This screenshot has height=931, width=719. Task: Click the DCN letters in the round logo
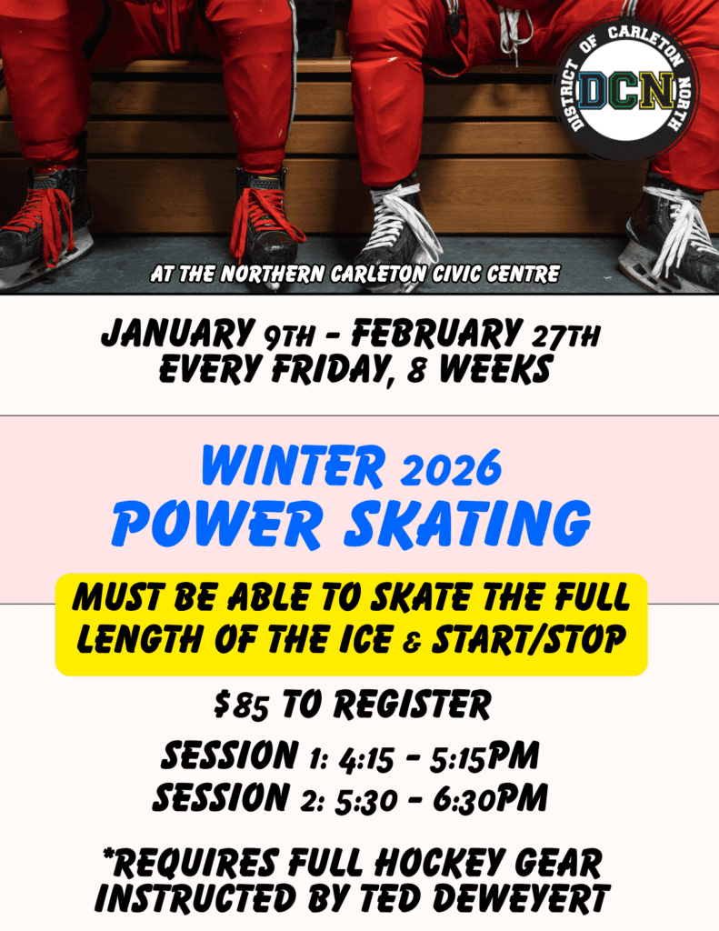point(627,92)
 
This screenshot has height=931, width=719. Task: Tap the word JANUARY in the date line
point(176,334)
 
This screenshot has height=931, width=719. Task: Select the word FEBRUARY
point(435,333)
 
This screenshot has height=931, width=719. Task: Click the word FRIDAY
point(333,370)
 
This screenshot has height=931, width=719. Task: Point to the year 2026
point(452,466)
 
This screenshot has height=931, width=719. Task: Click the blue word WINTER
point(294,465)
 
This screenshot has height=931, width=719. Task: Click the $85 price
point(241,706)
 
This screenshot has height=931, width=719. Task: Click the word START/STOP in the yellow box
point(528,639)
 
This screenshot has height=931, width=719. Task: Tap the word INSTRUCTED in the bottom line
point(195,898)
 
